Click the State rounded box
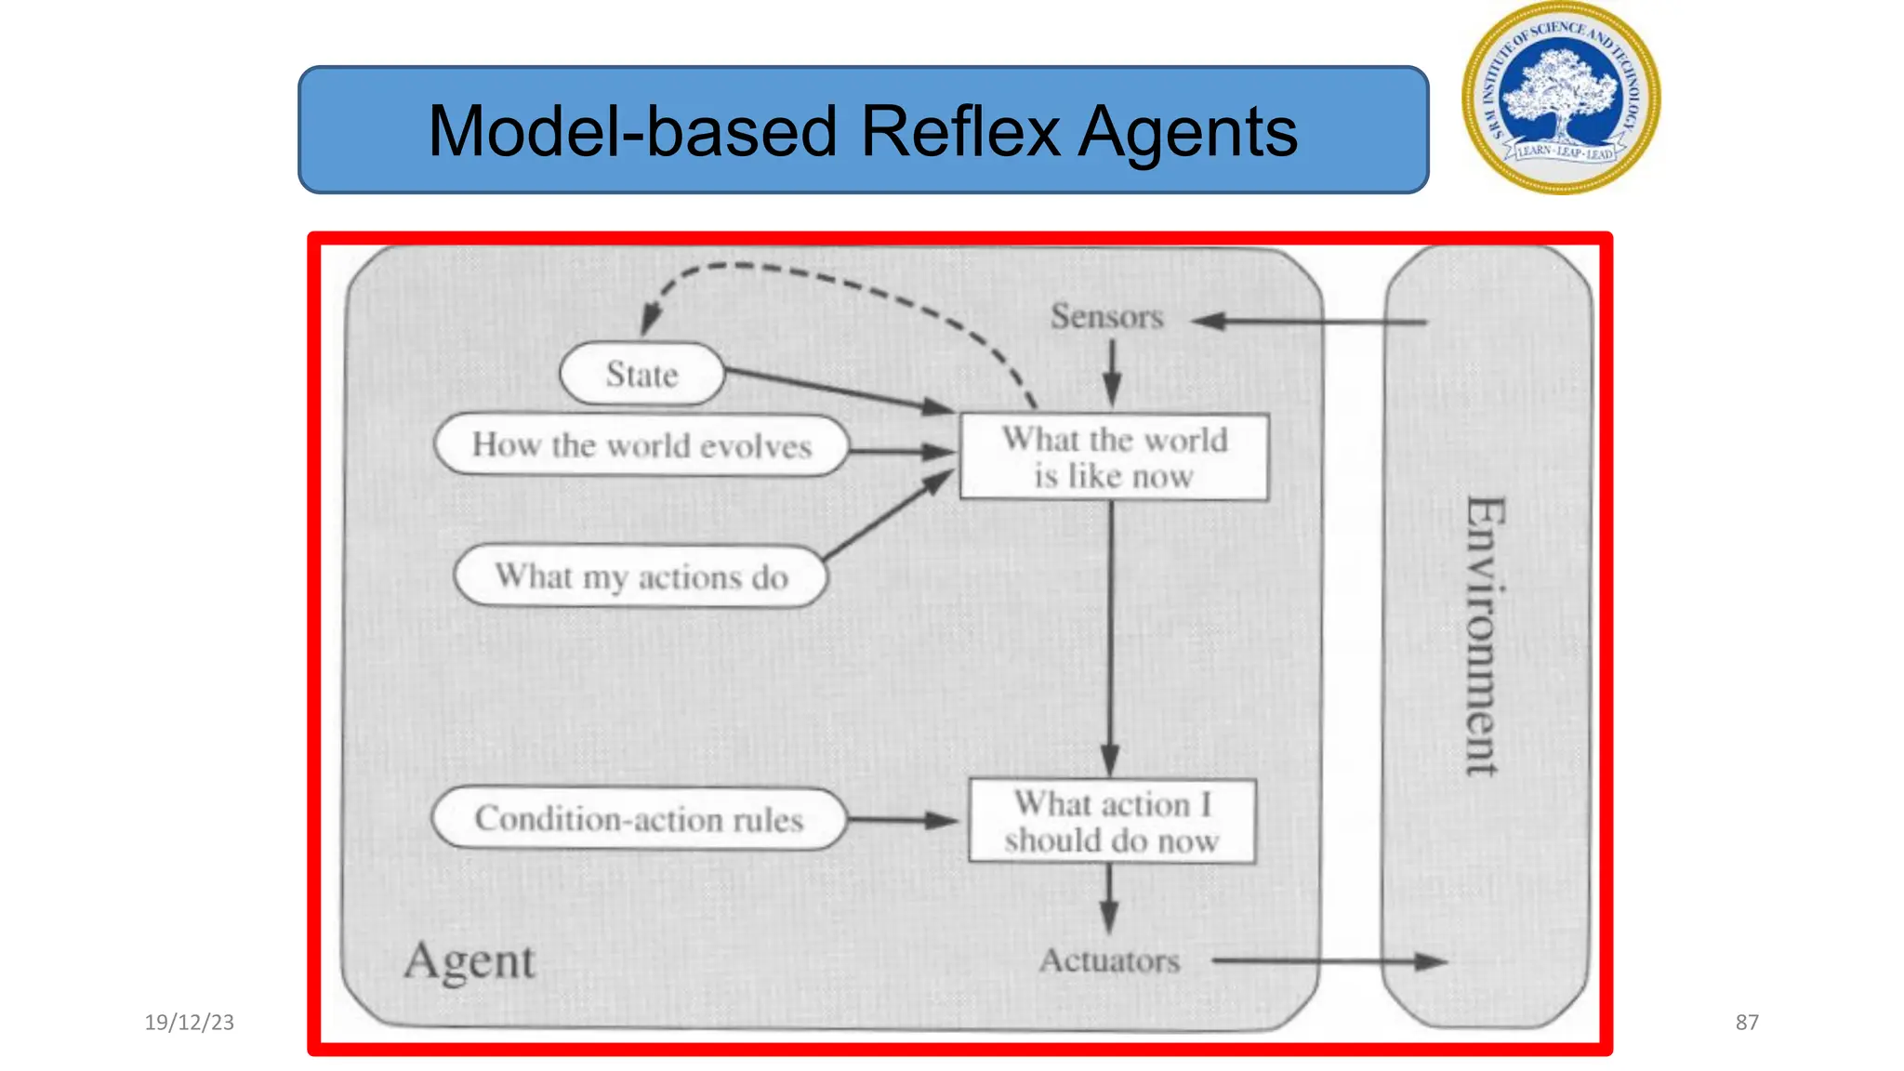coord(641,374)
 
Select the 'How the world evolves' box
coord(641,445)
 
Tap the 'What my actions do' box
coord(641,576)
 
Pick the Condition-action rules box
coord(640,819)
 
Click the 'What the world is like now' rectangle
coord(1114,456)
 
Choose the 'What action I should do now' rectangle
coord(1112,822)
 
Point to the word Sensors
coord(1106,317)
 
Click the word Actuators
coord(1109,960)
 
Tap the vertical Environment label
coord(1484,636)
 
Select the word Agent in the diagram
coord(469,961)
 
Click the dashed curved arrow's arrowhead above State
coord(649,322)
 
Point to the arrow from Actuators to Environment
coord(1329,961)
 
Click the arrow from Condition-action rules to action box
coord(902,820)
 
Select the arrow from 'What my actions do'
coord(888,516)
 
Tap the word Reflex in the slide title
coord(959,131)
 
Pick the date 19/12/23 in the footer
coord(189,1022)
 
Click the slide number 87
coord(1746,1022)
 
